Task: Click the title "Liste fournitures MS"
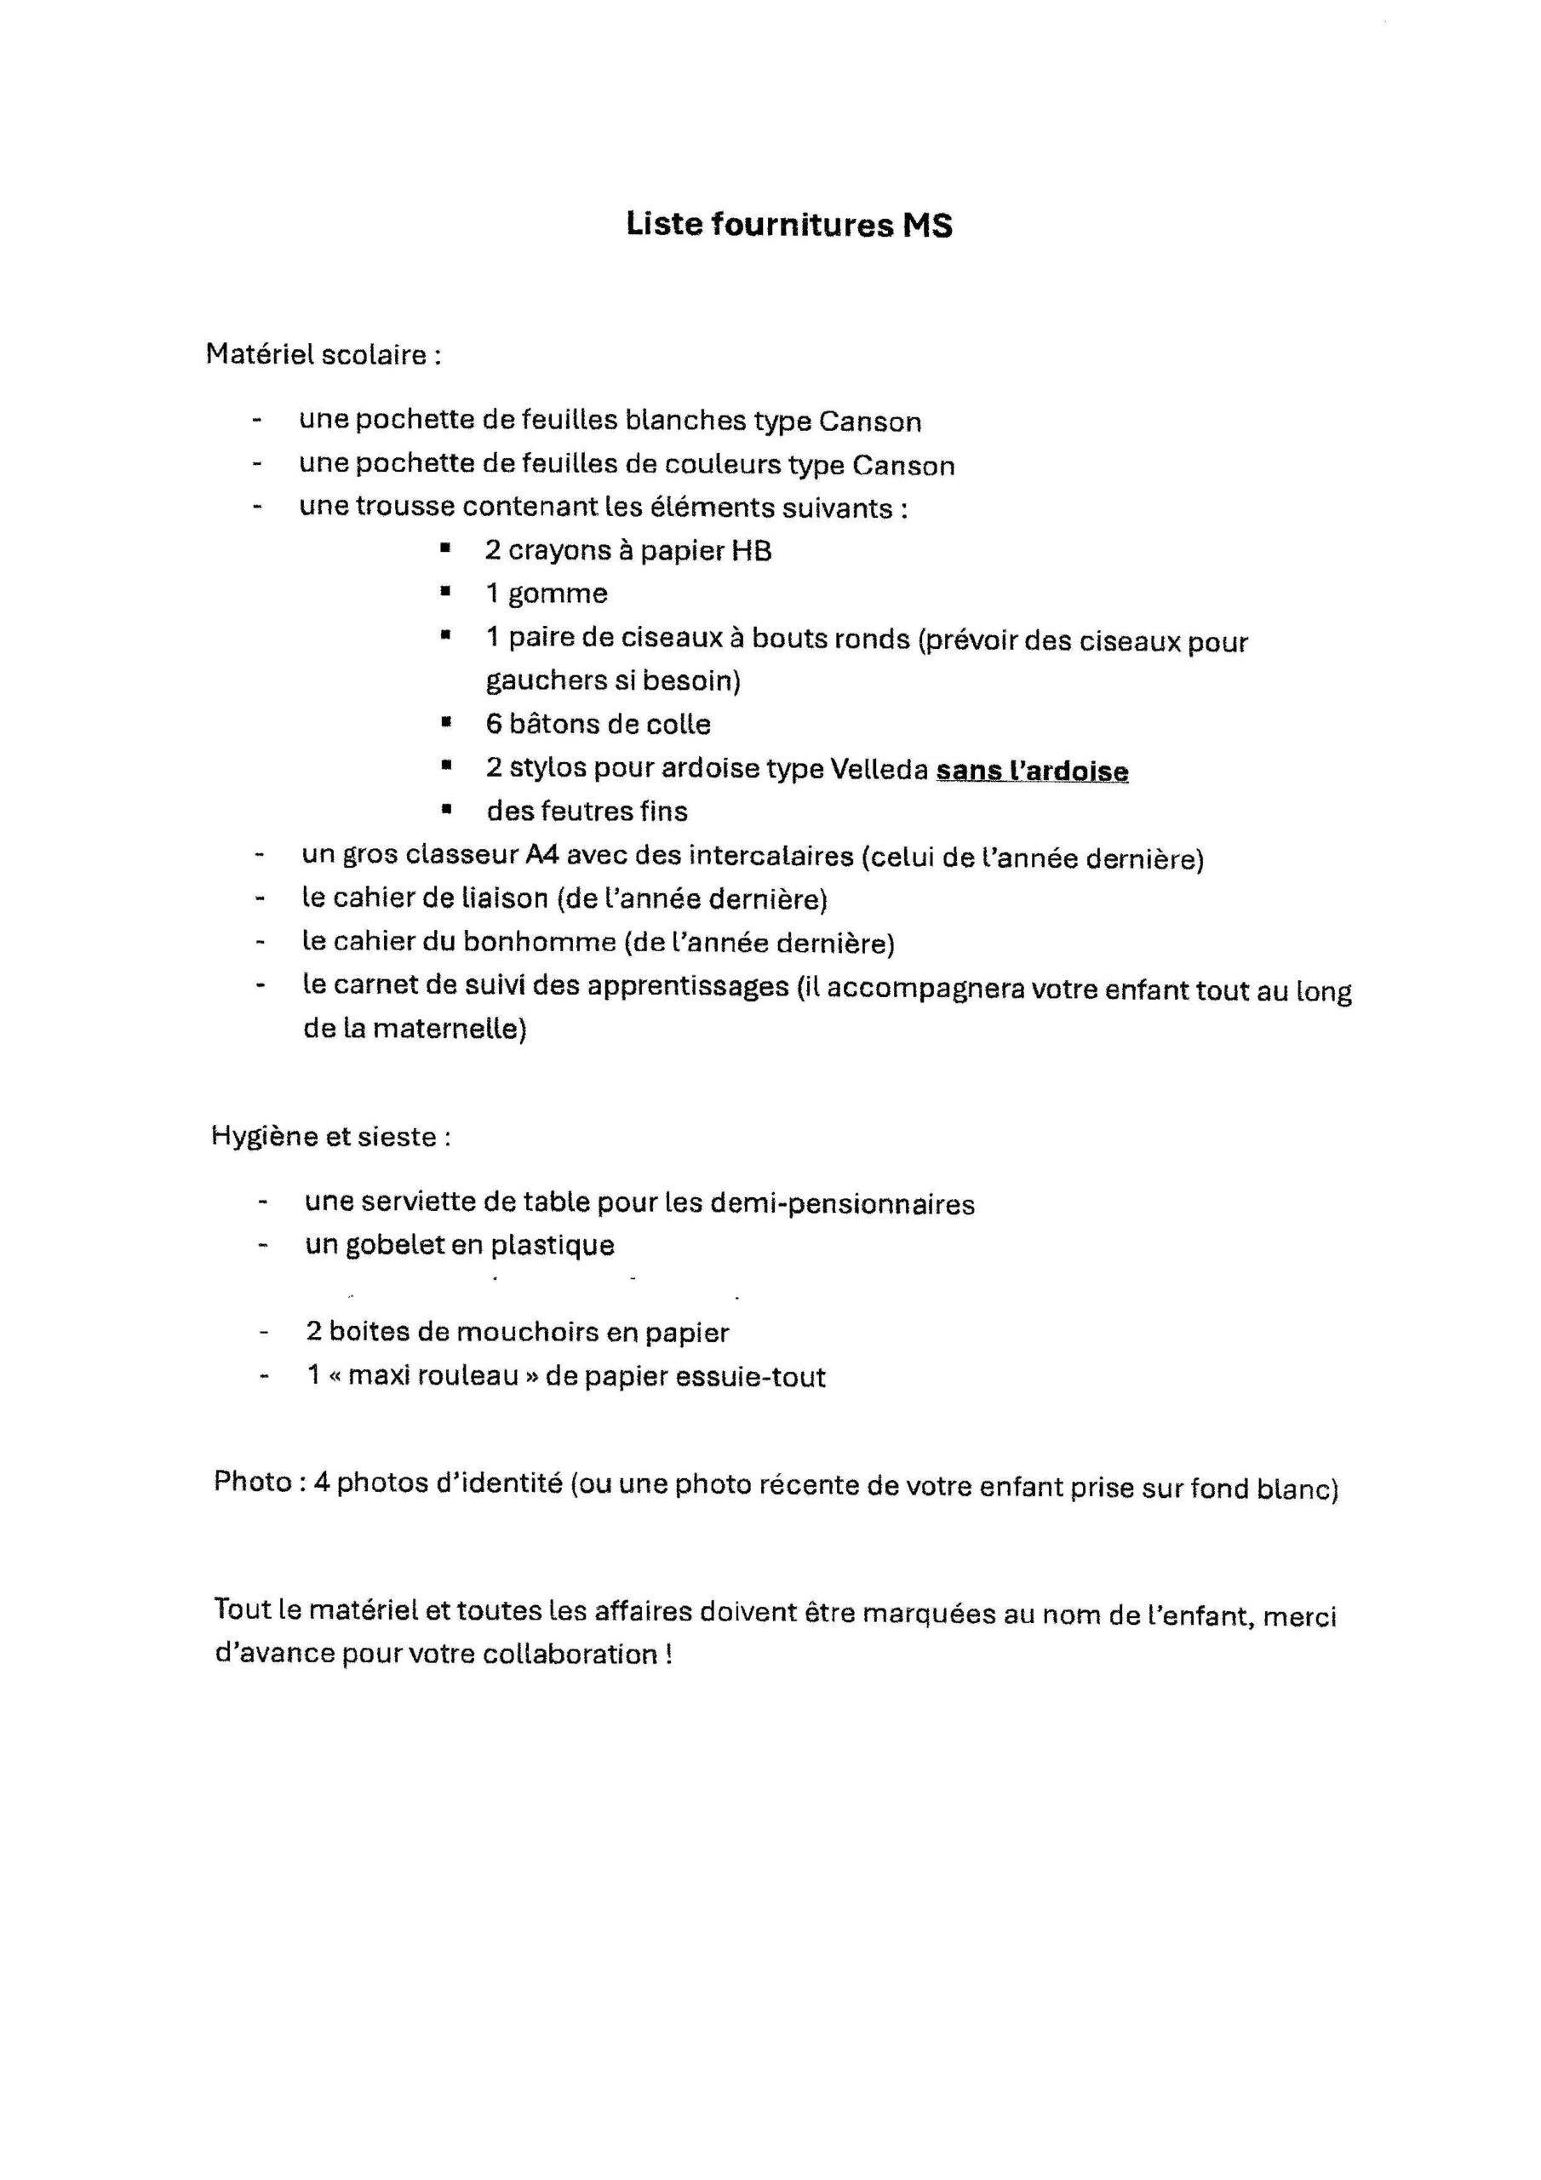point(788,225)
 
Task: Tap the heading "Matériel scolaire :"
point(324,355)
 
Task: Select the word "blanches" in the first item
point(685,421)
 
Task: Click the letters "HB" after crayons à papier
point(750,552)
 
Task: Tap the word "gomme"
point(558,594)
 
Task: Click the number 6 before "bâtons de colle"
point(494,725)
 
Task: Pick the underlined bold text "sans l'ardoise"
point(1032,770)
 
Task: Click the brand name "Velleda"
point(879,768)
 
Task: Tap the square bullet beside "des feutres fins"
point(444,810)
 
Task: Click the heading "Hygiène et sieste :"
point(330,1137)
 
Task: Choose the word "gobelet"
point(394,1246)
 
